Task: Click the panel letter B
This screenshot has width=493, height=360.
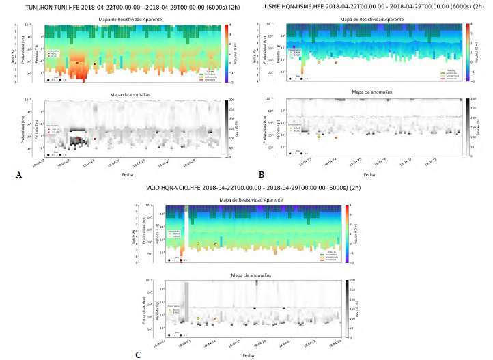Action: [262, 176]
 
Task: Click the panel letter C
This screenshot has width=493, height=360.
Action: [139, 355]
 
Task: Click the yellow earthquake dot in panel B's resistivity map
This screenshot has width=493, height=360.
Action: [319, 62]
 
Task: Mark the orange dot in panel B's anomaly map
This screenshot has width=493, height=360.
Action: [337, 137]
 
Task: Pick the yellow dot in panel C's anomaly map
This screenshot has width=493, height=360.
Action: [198, 318]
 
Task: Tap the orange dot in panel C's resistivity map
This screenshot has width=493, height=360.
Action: [215, 244]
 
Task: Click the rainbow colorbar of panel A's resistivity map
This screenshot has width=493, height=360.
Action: [226, 53]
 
